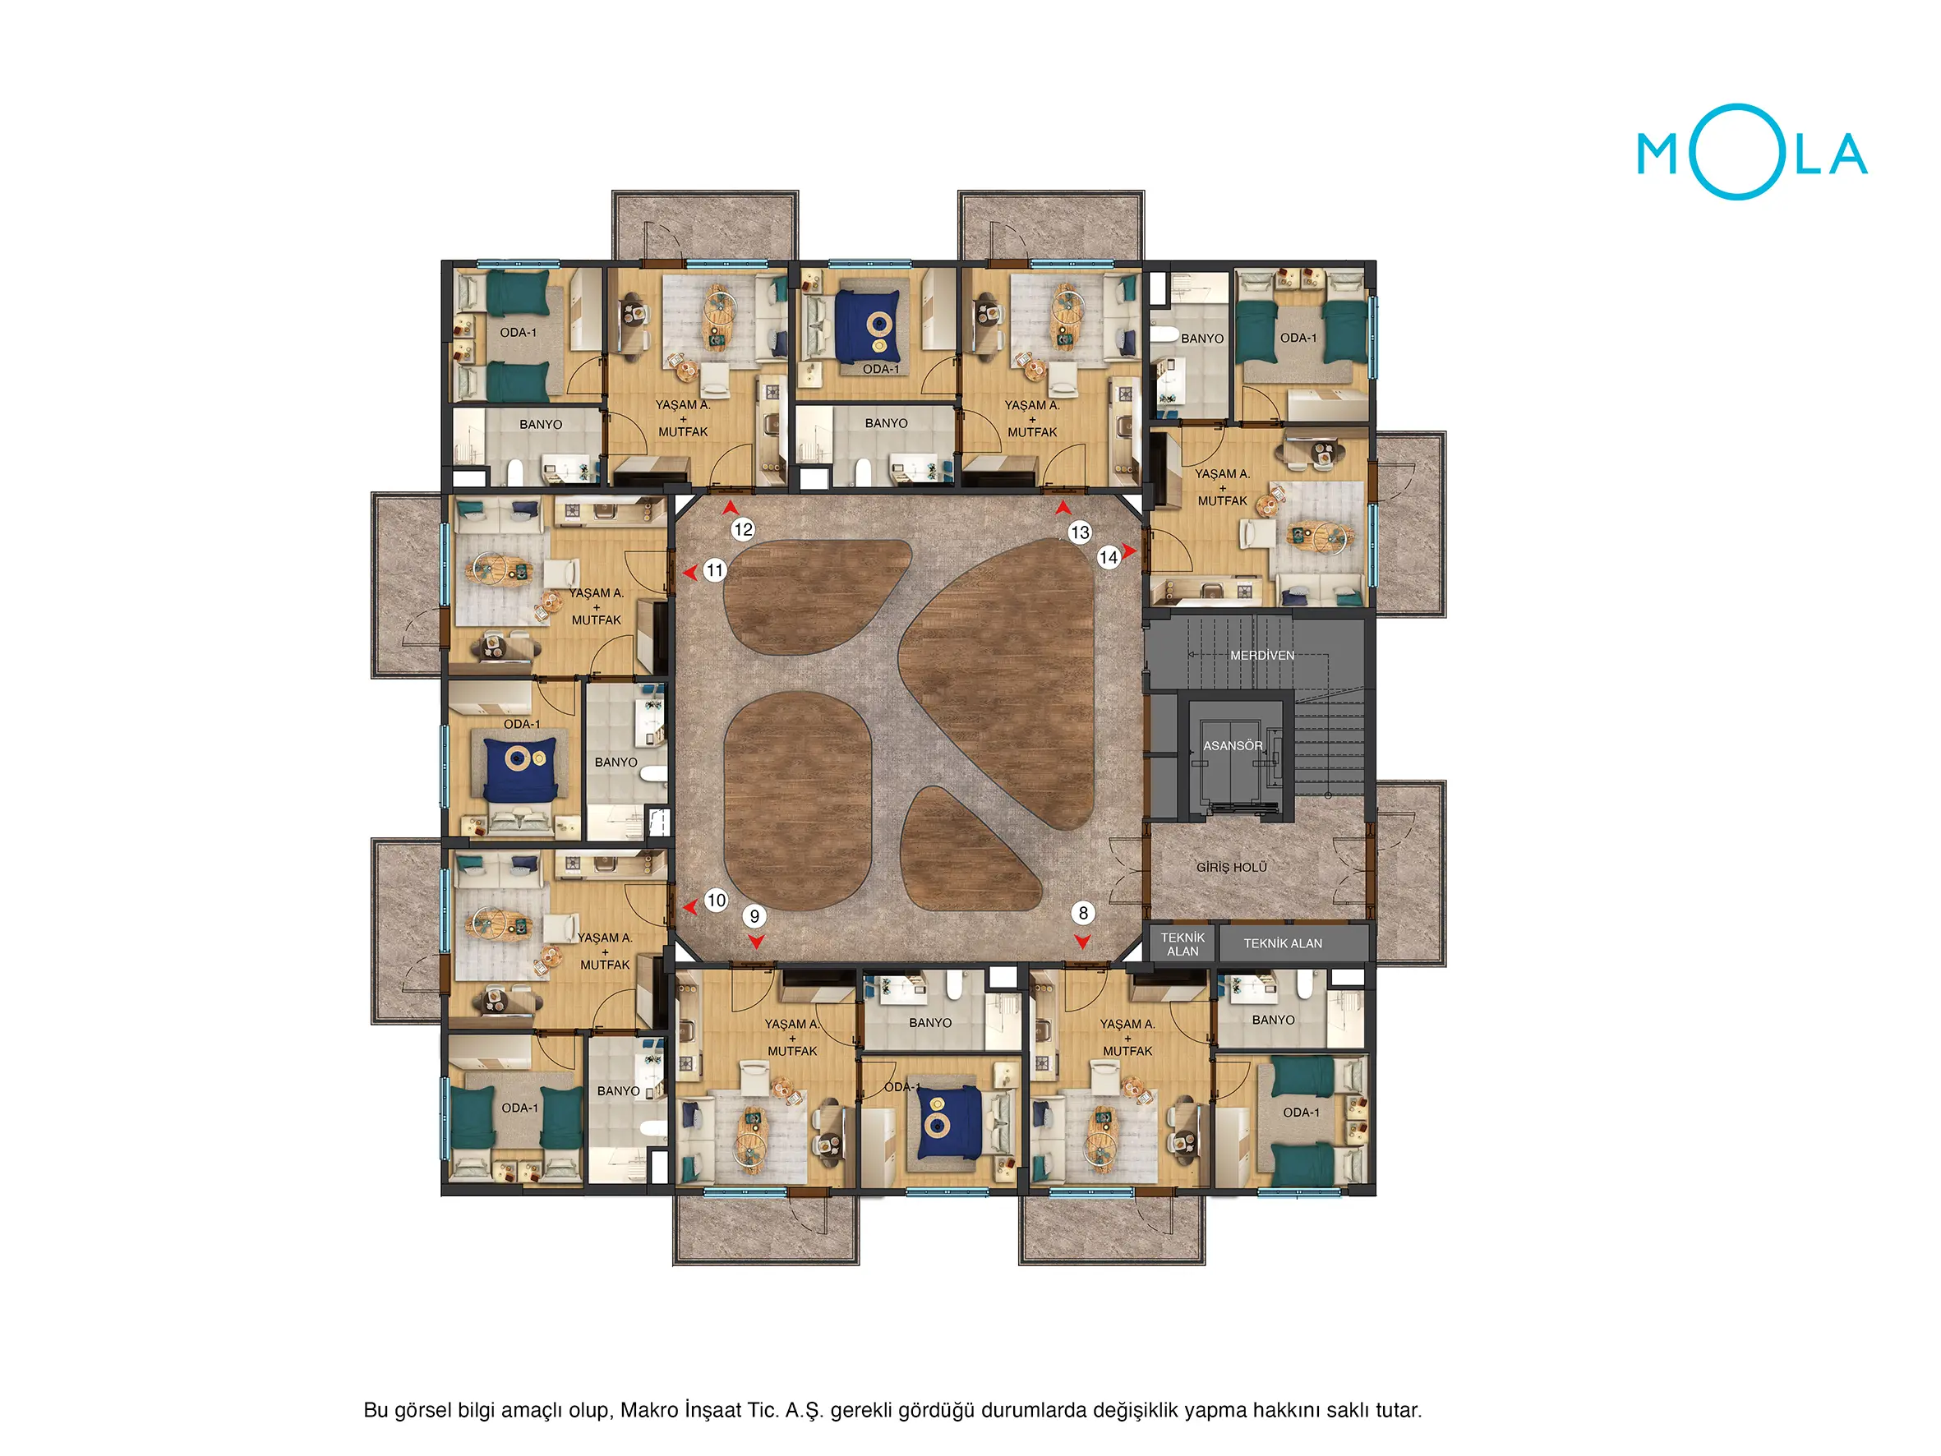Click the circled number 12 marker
click(x=742, y=529)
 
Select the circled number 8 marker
click(x=1083, y=913)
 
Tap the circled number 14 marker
click(x=1109, y=556)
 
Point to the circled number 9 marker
click(x=754, y=916)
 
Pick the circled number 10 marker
click(x=716, y=900)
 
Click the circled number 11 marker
click(x=714, y=570)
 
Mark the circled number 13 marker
click(x=1079, y=532)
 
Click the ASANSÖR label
click(x=1232, y=745)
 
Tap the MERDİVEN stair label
click(x=1262, y=655)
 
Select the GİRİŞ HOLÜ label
click(x=1231, y=867)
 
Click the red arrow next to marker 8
click(x=1083, y=941)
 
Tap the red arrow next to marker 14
click(x=1129, y=551)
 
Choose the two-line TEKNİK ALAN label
click(x=1182, y=944)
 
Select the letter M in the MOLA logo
click(x=1658, y=154)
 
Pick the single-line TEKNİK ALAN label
click(x=1282, y=943)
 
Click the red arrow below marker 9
click(x=755, y=941)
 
